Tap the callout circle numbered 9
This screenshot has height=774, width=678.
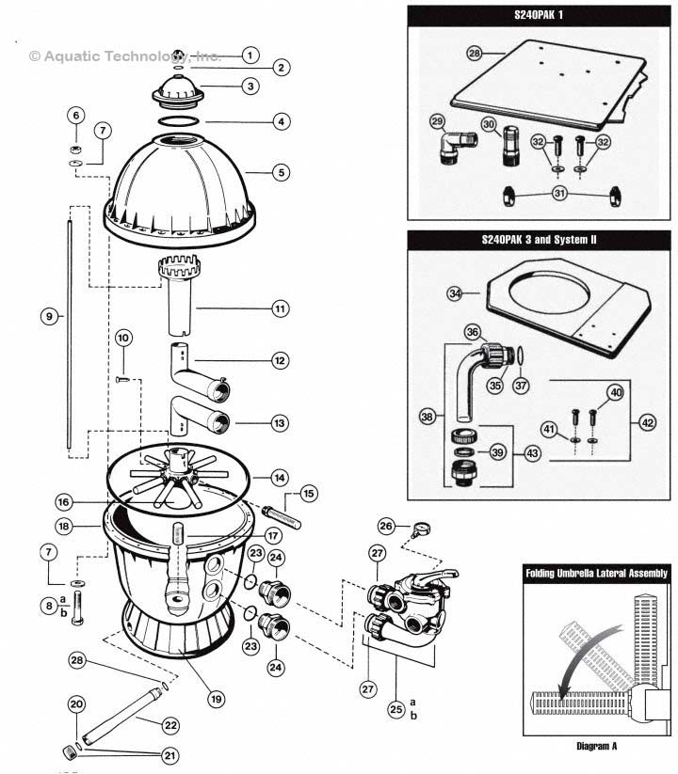pyautogui.click(x=48, y=317)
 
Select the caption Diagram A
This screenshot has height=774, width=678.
pyautogui.click(x=595, y=746)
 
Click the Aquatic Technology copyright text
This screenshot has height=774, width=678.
pyautogui.click(x=124, y=55)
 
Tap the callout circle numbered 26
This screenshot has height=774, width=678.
pyautogui.click(x=386, y=525)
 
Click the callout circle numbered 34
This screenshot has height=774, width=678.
pyautogui.click(x=456, y=294)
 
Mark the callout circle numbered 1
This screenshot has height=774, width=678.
pyautogui.click(x=249, y=55)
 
